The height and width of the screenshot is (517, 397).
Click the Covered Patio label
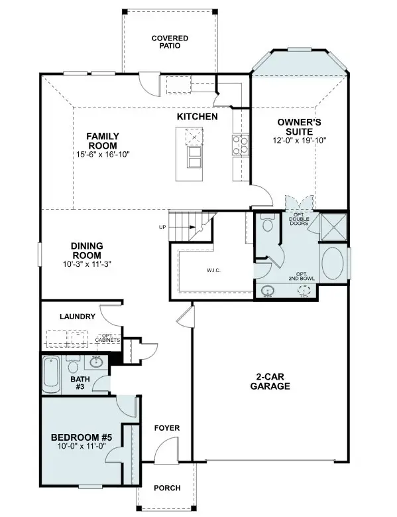170,42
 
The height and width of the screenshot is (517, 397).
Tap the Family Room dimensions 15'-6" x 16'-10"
102,155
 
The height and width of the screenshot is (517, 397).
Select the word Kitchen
197,116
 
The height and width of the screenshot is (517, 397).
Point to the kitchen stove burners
240,144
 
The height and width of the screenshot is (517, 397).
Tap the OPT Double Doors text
298,219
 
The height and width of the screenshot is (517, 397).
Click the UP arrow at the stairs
162,228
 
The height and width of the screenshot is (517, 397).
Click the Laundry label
78,317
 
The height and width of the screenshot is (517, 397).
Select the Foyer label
166,428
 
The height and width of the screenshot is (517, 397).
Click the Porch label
167,488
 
